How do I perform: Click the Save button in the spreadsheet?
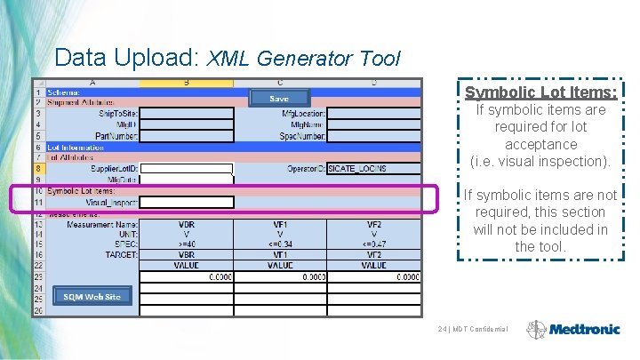[279, 99]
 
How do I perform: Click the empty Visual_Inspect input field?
[187, 203]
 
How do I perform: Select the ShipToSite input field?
[187, 113]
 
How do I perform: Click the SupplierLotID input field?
[187, 168]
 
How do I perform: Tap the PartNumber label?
[115, 136]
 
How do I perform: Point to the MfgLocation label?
[303, 113]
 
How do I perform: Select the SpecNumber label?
[303, 136]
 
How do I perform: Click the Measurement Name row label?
[101, 224]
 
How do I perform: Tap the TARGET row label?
[120, 254]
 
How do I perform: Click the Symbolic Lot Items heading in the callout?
[540, 92]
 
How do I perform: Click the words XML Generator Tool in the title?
[303, 60]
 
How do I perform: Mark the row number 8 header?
[38, 168]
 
